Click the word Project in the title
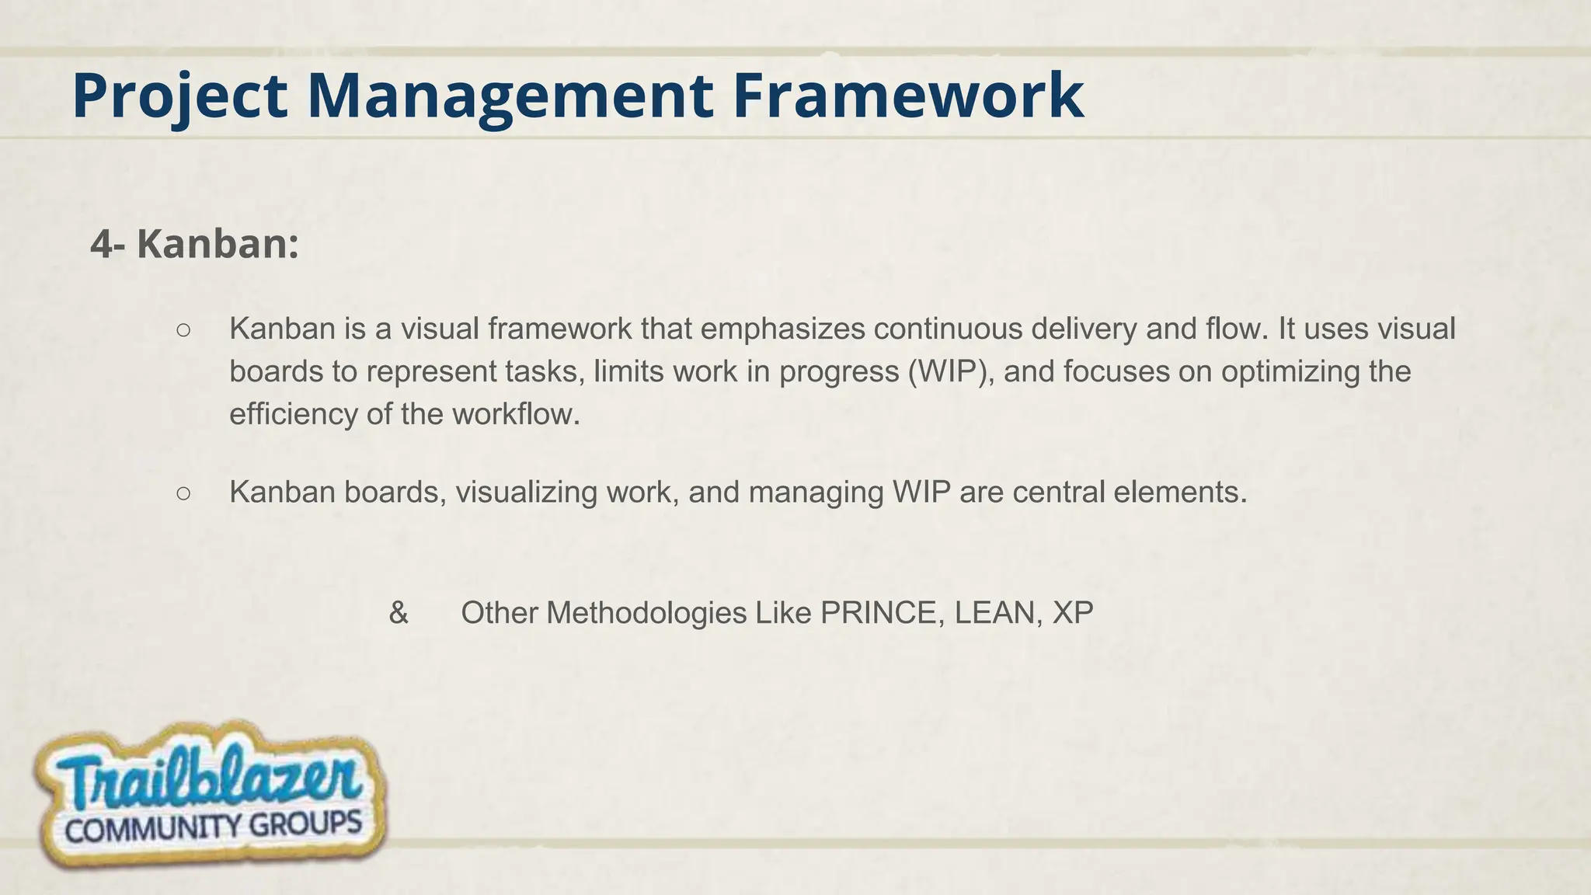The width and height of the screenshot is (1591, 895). click(x=179, y=96)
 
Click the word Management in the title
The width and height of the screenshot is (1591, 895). click(x=510, y=96)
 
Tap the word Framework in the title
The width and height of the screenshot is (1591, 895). click(x=907, y=96)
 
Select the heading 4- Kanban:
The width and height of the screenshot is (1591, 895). click(x=194, y=244)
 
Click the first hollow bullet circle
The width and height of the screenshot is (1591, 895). click(x=183, y=330)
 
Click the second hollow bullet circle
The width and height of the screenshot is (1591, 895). click(x=183, y=493)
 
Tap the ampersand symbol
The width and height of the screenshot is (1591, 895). click(x=399, y=613)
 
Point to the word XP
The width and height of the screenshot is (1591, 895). click(x=1072, y=613)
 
